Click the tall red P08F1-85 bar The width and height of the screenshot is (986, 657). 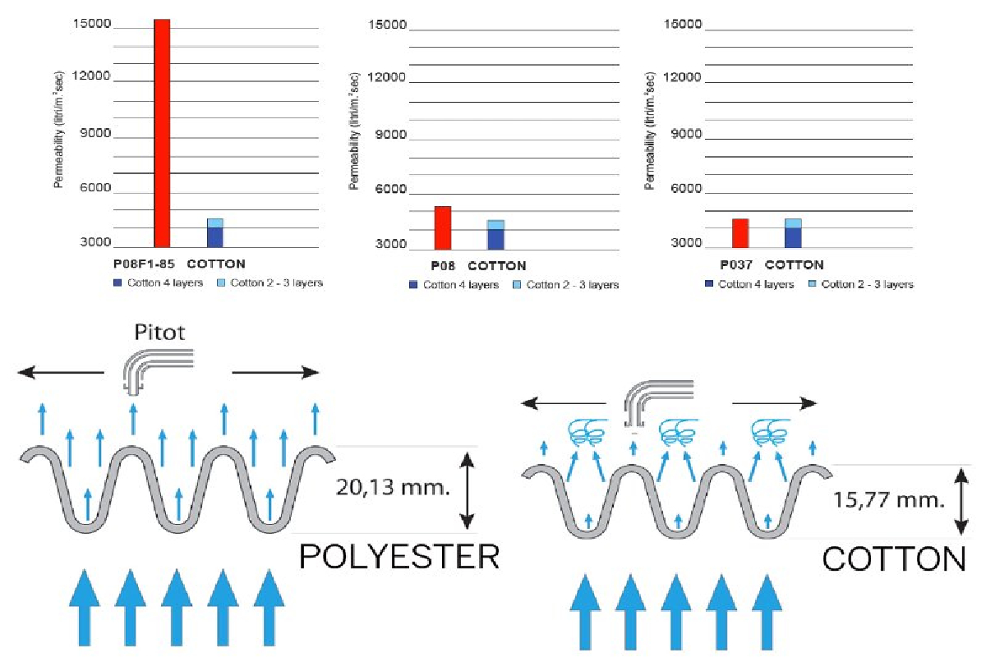[x=162, y=131]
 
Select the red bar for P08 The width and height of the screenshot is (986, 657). [x=442, y=227]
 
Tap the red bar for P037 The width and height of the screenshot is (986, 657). [x=740, y=233]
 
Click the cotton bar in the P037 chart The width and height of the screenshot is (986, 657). [x=792, y=233]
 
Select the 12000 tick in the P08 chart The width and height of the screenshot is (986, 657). [x=389, y=78]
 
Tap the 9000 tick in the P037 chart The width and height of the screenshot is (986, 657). [x=685, y=133]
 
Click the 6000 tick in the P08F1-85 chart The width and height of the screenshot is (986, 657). [x=94, y=188]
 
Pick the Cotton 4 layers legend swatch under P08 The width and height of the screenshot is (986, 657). [x=414, y=285]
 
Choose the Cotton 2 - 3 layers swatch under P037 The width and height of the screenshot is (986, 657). [x=813, y=284]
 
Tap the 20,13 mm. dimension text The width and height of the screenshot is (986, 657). [x=393, y=489]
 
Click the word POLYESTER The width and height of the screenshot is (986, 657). [x=399, y=558]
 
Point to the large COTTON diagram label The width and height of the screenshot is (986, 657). [x=894, y=560]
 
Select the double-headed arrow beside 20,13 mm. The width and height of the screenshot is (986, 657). [x=467, y=489]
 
